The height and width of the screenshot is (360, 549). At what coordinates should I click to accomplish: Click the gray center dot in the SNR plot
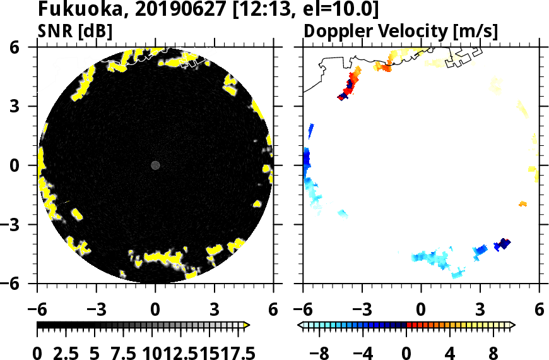coord(155,165)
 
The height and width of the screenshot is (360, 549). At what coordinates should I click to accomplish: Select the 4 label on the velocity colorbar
coord(450,352)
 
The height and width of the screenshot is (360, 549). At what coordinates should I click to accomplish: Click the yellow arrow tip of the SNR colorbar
coord(247,325)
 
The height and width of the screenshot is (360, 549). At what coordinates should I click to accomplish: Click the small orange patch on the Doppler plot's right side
coord(522,204)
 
